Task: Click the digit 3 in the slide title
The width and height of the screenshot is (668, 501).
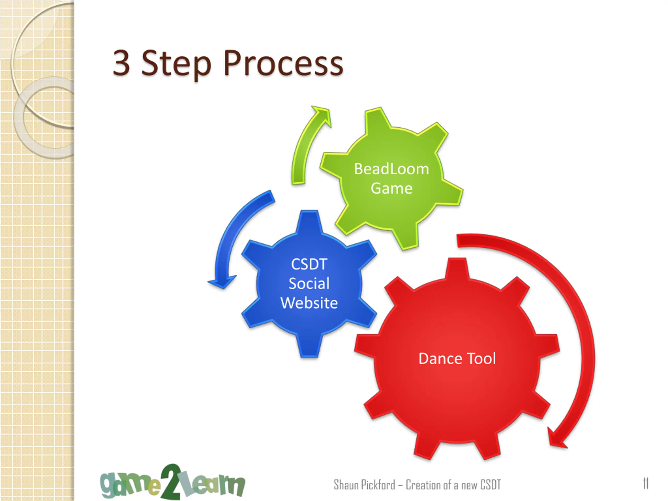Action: [x=121, y=63]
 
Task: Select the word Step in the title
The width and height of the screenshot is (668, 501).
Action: [x=176, y=64]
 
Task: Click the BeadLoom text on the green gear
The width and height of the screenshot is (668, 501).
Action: [x=391, y=169]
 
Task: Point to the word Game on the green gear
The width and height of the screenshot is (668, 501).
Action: [x=391, y=188]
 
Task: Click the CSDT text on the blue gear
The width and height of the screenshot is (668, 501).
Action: [x=309, y=264]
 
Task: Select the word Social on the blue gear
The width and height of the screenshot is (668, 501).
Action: [x=309, y=283]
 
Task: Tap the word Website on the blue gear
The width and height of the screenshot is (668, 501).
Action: [x=309, y=303]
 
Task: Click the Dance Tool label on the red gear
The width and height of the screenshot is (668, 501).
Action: [x=457, y=359]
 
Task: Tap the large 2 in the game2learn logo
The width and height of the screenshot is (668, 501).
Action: [x=171, y=482]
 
